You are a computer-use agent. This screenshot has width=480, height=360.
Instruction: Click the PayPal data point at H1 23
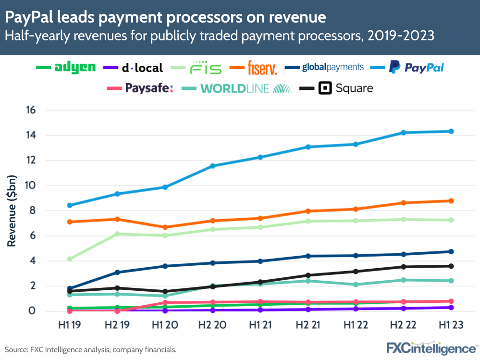(x=451, y=131)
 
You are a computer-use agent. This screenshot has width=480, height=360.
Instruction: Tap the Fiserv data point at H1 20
(x=165, y=227)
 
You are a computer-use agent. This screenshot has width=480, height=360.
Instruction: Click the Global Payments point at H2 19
(x=117, y=273)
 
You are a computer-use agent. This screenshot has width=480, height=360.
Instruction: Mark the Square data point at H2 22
(x=404, y=267)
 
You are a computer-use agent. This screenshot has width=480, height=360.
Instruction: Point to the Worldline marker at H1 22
(x=356, y=285)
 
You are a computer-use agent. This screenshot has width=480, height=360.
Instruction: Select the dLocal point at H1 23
(x=451, y=308)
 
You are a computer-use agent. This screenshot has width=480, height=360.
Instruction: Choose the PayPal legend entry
(x=416, y=68)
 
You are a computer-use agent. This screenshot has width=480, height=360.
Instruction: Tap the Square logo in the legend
(x=346, y=88)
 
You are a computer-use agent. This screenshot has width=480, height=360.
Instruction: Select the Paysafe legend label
(x=148, y=88)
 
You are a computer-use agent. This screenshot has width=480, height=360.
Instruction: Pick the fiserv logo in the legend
(x=262, y=68)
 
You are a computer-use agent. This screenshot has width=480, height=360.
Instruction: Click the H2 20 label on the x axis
(x=213, y=325)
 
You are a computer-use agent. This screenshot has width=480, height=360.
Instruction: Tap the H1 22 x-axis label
(x=356, y=325)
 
